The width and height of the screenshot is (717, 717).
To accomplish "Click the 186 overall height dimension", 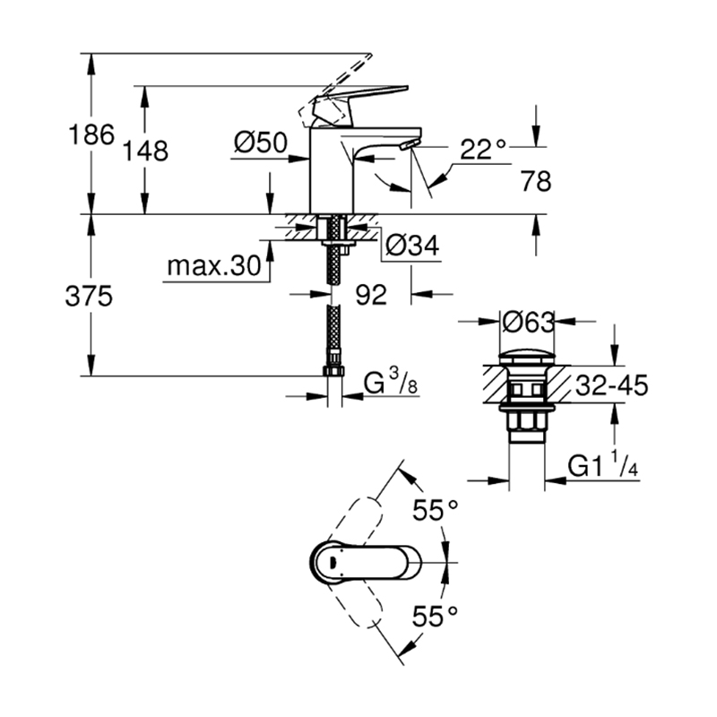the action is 91,135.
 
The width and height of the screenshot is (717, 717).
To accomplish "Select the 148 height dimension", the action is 145,151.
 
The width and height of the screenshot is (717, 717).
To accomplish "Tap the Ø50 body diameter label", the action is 261,143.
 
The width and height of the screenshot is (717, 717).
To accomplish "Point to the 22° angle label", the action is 483,149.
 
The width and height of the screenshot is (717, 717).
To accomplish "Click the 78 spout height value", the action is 536,181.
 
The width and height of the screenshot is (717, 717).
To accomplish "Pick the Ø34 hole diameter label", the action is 412,246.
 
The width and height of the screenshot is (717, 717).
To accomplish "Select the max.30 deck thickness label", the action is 214,265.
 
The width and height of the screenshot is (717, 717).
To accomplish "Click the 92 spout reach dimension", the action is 371,295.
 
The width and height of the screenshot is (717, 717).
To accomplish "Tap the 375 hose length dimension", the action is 89,296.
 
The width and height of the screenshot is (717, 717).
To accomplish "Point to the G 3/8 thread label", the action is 391,384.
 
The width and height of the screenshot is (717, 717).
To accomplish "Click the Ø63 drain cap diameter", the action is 528,323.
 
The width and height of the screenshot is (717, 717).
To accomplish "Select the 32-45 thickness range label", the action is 611,385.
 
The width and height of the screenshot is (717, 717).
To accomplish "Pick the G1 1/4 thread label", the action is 603,465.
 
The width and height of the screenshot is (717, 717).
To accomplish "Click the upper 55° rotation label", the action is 436,510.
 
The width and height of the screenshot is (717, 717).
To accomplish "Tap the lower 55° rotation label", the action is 435,616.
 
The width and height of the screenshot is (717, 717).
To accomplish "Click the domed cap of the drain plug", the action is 527,357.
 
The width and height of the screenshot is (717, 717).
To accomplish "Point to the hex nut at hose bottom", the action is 334,371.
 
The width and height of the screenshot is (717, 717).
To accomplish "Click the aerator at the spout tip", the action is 409,145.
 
